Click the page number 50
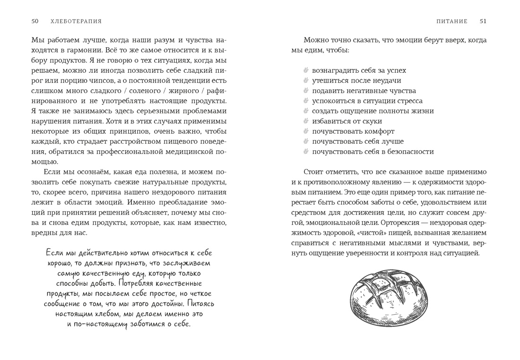tap(35, 21)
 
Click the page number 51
tap(483, 21)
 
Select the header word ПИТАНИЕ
tap(452, 21)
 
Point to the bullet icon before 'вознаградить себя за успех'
tap(306, 70)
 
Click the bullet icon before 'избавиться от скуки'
tap(306, 121)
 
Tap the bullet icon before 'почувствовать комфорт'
tap(306, 131)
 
